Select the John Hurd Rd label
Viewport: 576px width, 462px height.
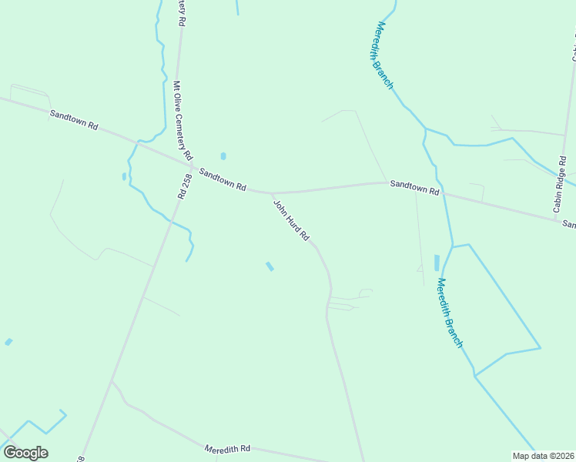pyautogui.click(x=292, y=220)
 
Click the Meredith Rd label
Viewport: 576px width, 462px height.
pyautogui.click(x=228, y=449)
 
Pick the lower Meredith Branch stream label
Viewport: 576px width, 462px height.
pyautogui.click(x=449, y=313)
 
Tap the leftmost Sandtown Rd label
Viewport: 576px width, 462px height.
pyautogui.click(x=74, y=119)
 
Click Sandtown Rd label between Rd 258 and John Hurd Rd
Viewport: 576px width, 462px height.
pyautogui.click(x=223, y=180)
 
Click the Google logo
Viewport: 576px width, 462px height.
pyautogui.click(x=25, y=453)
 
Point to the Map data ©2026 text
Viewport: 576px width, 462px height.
pyautogui.click(x=543, y=456)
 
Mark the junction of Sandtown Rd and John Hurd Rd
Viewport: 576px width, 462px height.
pyautogui.click(x=272, y=193)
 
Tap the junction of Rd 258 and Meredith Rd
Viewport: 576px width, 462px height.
pyautogui.click(x=112, y=381)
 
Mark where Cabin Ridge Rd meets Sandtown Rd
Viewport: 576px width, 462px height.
pyautogui.click(x=555, y=220)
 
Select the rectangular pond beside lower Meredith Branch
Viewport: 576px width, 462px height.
pyautogui.click(x=437, y=262)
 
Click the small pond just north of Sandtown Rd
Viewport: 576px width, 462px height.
pyautogui.click(x=223, y=156)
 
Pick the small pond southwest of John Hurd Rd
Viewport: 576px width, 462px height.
pyautogui.click(x=270, y=266)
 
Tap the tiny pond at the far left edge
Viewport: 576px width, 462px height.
pyautogui.click(x=8, y=342)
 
